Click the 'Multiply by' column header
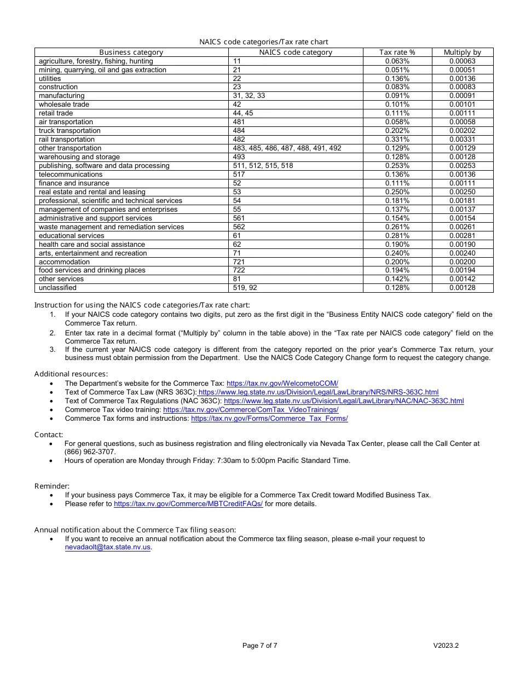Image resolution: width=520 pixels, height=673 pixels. (x=462, y=53)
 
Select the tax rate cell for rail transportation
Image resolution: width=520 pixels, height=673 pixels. (x=397, y=140)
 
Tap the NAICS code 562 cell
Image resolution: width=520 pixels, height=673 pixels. (x=237, y=227)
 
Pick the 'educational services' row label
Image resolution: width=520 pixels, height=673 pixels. (x=71, y=236)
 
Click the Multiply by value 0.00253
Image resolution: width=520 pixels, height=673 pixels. (x=462, y=166)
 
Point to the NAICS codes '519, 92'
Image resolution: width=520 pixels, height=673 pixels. (x=245, y=288)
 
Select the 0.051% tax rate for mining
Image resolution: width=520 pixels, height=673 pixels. (x=397, y=70)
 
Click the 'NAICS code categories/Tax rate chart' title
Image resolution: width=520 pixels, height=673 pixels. (x=263, y=42)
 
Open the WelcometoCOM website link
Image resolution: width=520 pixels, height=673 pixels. (x=282, y=384)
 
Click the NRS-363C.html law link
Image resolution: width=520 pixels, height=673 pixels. (x=318, y=392)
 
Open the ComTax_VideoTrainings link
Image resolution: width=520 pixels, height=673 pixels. (x=251, y=410)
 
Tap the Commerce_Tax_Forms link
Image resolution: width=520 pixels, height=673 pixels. (x=269, y=419)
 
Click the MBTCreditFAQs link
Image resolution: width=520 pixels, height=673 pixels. (x=188, y=504)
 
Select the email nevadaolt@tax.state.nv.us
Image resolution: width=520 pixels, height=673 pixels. (x=107, y=547)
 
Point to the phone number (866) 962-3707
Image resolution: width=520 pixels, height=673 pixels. (x=90, y=452)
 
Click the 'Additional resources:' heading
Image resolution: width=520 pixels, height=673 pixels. (x=71, y=374)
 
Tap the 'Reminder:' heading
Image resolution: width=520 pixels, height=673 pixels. (x=52, y=486)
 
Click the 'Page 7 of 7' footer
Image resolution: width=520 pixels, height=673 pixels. (x=259, y=646)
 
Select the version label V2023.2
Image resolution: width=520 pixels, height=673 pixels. (x=446, y=646)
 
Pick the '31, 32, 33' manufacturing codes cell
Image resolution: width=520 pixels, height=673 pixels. (x=249, y=96)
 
